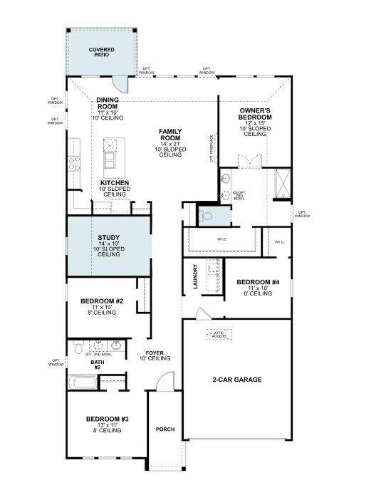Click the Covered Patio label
[101, 53]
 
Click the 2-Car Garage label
[237, 380]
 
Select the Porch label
[165, 429]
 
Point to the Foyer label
[155, 354]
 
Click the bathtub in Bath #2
[83, 382]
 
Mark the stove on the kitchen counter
[73, 163]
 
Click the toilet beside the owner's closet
[207, 213]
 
